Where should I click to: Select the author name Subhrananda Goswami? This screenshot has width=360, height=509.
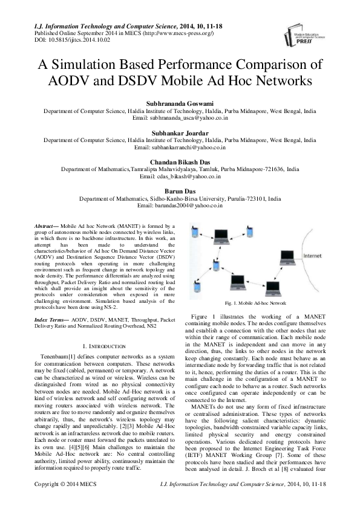coord(180,104)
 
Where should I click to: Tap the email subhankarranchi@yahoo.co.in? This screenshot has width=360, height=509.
coord(180,147)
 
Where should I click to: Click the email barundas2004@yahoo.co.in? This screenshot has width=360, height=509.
coord(180,206)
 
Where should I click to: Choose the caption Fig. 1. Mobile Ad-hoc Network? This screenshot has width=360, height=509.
coord(255,302)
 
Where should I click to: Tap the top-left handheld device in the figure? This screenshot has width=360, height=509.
coord(194,231)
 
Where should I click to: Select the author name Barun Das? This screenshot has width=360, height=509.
coord(180,192)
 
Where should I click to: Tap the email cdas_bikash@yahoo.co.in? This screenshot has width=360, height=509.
coord(180,176)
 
